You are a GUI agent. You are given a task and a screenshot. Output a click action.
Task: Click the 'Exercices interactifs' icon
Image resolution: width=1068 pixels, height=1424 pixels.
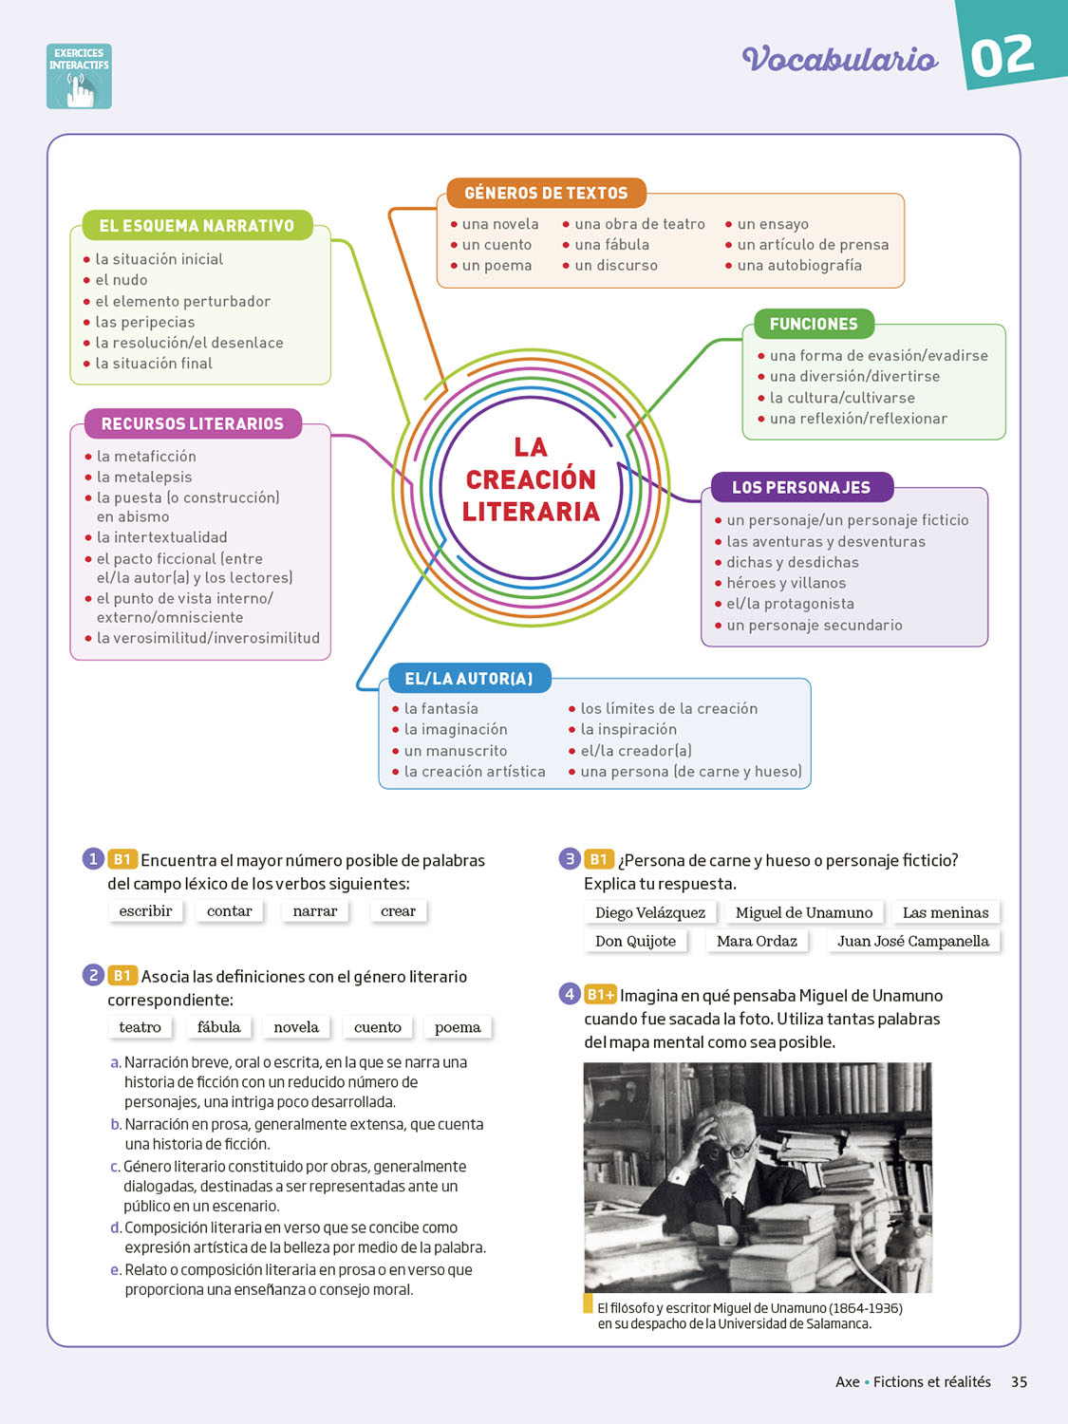click(x=79, y=76)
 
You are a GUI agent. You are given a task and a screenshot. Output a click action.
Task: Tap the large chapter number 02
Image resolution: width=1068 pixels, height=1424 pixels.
click(x=1002, y=56)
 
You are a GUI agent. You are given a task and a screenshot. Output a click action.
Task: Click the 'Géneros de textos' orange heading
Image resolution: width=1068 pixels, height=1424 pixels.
click(x=546, y=193)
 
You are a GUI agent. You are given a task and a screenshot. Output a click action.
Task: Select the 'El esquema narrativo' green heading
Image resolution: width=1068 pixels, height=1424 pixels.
click(x=197, y=226)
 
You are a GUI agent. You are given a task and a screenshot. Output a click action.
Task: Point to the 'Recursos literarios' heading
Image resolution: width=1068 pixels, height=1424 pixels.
click(x=192, y=423)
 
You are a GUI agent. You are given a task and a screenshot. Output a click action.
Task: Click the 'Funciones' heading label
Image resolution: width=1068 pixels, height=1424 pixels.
click(x=814, y=324)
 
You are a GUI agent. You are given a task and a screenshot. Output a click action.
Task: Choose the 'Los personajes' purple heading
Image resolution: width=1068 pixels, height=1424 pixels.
click(x=801, y=487)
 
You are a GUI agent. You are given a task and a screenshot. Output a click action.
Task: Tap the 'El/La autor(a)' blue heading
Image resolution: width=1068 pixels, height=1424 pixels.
click(x=469, y=679)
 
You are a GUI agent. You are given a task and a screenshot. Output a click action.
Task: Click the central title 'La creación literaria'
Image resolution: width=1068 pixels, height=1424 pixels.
click(x=531, y=479)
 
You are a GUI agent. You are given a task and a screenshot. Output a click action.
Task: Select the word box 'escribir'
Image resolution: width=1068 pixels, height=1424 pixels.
click(x=145, y=911)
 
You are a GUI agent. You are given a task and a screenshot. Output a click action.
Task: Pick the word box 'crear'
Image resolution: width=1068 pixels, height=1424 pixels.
click(x=398, y=911)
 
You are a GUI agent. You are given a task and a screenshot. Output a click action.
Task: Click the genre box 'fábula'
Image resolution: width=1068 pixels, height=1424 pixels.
click(x=218, y=1027)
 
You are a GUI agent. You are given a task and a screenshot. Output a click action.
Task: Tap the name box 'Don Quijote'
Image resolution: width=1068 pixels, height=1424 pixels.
click(x=635, y=941)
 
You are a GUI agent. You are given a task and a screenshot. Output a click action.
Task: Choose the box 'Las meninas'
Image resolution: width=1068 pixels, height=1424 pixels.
click(x=945, y=912)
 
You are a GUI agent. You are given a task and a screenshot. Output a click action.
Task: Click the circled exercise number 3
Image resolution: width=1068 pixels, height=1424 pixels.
click(x=570, y=859)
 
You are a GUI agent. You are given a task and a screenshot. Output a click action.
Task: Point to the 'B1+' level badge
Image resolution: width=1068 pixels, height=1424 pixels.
click(x=600, y=995)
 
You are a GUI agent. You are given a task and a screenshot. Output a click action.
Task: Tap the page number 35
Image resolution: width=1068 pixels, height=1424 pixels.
click(x=1019, y=1382)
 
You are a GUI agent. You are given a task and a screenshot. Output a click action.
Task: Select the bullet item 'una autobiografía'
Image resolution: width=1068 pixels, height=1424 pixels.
click(x=799, y=266)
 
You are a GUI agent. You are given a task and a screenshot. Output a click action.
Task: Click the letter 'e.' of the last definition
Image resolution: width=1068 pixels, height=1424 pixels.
click(x=116, y=1270)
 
